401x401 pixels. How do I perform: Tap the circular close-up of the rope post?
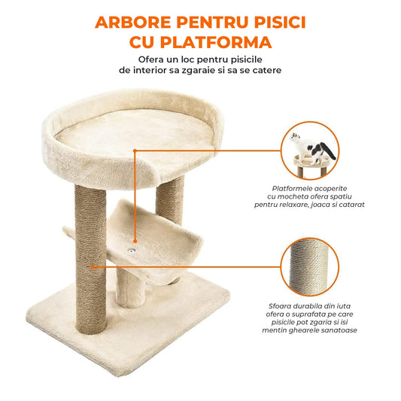[310, 266]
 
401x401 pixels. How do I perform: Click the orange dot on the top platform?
[135, 149]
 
